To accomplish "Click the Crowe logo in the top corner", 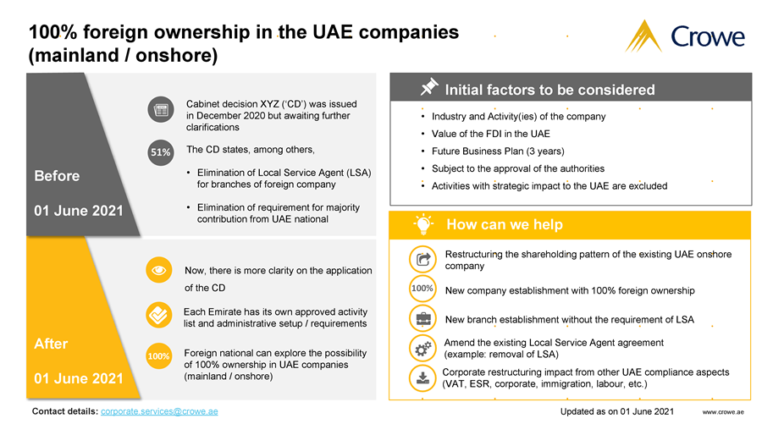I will point(685,36).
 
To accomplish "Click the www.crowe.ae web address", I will point(724,412).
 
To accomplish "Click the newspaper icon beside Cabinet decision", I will point(159,110).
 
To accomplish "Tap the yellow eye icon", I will point(158,269).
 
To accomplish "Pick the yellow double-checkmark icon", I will point(158,314).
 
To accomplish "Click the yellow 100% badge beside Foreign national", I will point(158,356).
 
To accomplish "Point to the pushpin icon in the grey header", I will point(428,88).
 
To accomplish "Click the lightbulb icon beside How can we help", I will point(422,224).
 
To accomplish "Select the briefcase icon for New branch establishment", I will point(422,319).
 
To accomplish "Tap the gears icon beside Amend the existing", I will point(422,348).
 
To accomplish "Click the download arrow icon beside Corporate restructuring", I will point(422,377).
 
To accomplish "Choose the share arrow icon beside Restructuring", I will point(422,259).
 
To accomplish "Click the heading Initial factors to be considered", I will point(549,89).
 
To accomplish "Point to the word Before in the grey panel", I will point(58,176).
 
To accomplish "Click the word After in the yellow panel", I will point(52,344).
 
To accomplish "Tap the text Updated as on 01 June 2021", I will point(616,412).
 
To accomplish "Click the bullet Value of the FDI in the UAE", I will point(490,134).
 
